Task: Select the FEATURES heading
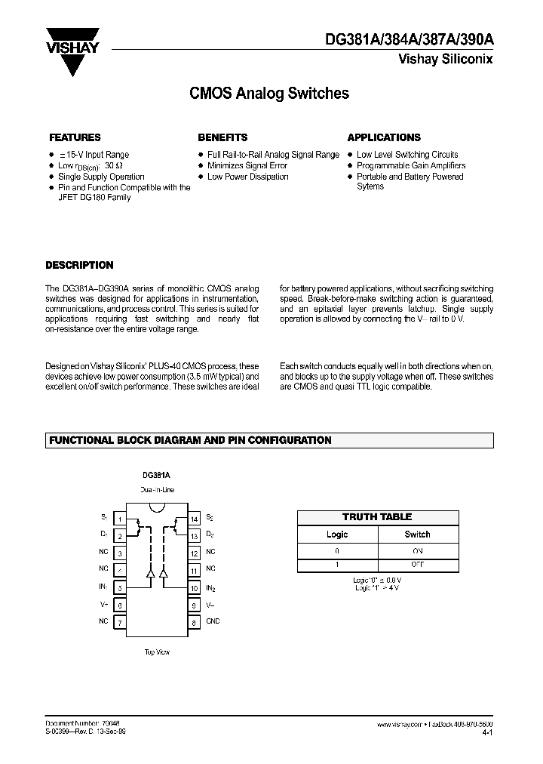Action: pos(75,137)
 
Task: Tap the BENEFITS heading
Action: pos(222,137)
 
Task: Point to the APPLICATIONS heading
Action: pos(384,137)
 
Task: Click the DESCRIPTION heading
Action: pos(79,265)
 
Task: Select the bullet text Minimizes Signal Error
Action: pos(247,165)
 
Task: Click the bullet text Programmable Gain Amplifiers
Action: pos(411,165)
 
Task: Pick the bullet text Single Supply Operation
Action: pos(101,177)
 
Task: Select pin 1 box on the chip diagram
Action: pos(118,519)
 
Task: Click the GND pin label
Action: pos(213,621)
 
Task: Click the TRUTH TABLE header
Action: pos(377,517)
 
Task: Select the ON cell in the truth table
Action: pos(417,550)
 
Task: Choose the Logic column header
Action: pos(336,534)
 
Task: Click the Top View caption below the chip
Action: pos(156,652)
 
